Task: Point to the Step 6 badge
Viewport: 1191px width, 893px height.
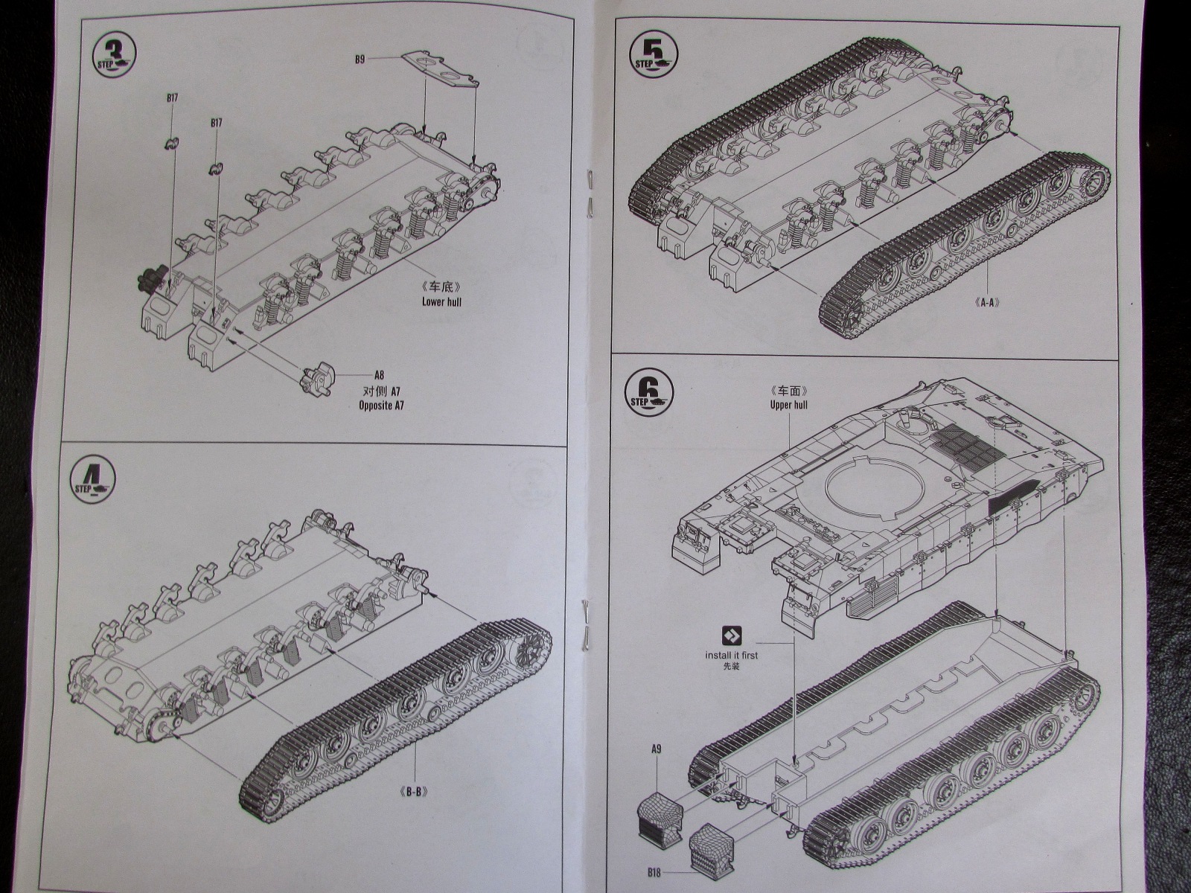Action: coord(651,391)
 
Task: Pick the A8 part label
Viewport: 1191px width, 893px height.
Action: coord(380,377)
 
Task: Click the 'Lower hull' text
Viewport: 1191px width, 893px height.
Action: coord(442,301)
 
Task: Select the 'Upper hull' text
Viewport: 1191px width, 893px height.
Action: coord(789,405)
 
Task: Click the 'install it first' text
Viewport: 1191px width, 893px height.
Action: coord(732,655)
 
